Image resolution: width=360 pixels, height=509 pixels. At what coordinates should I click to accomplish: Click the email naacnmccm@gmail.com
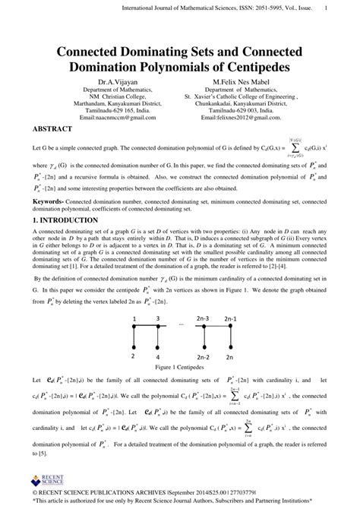tap(116, 119)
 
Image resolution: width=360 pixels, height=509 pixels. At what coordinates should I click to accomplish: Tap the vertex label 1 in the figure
tap(134, 319)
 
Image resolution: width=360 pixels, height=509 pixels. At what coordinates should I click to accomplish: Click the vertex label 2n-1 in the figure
tap(228, 319)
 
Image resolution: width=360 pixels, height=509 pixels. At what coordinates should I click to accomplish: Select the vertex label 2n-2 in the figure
tap(203, 356)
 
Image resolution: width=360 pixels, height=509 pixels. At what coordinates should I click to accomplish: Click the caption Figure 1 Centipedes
tap(179, 367)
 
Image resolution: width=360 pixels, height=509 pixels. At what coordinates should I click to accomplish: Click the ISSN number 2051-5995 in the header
tap(236, 8)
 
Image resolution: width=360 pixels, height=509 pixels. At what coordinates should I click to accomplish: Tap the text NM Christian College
tap(115, 96)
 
